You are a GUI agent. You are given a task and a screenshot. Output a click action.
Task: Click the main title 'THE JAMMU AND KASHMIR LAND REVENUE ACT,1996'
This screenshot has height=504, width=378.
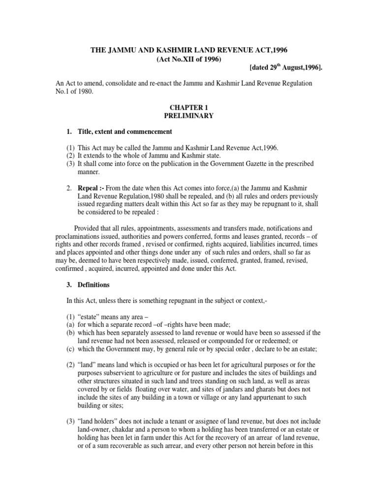(189, 50)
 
